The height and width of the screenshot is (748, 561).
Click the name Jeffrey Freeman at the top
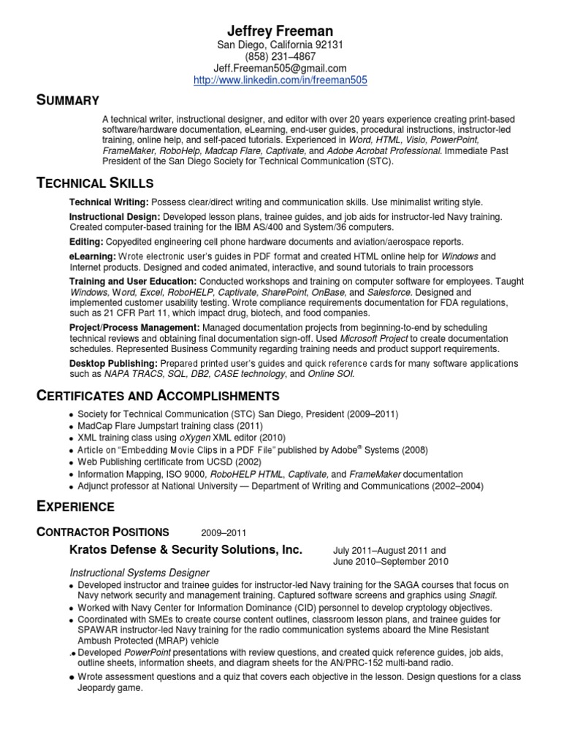click(x=280, y=31)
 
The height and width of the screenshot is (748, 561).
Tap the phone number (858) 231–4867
click(x=280, y=57)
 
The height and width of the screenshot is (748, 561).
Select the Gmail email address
click(x=280, y=69)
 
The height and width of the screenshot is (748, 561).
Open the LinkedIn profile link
click(x=280, y=80)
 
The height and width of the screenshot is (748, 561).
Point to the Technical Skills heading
click(x=95, y=182)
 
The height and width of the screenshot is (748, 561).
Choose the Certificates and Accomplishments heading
click(x=158, y=396)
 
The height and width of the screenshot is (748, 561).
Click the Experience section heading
click(x=75, y=505)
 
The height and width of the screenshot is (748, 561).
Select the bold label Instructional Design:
click(x=115, y=217)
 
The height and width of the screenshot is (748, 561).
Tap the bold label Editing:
click(x=87, y=241)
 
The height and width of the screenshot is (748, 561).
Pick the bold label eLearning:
click(x=93, y=256)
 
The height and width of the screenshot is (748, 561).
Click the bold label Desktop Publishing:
click(x=113, y=363)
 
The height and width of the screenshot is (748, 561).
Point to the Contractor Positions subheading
click(x=103, y=532)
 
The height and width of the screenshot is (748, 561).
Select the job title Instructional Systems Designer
click(x=140, y=573)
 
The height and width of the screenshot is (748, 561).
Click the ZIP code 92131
click(x=329, y=45)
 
